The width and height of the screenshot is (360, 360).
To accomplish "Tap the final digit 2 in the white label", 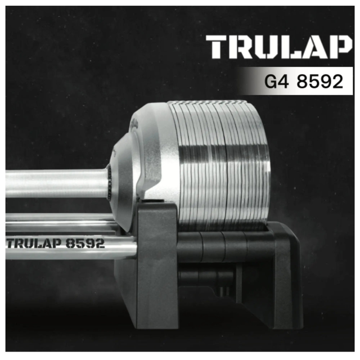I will click(336, 82).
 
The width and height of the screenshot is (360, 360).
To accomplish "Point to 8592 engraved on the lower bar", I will click(85, 244).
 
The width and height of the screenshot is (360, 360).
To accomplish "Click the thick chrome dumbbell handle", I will click(56, 183).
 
